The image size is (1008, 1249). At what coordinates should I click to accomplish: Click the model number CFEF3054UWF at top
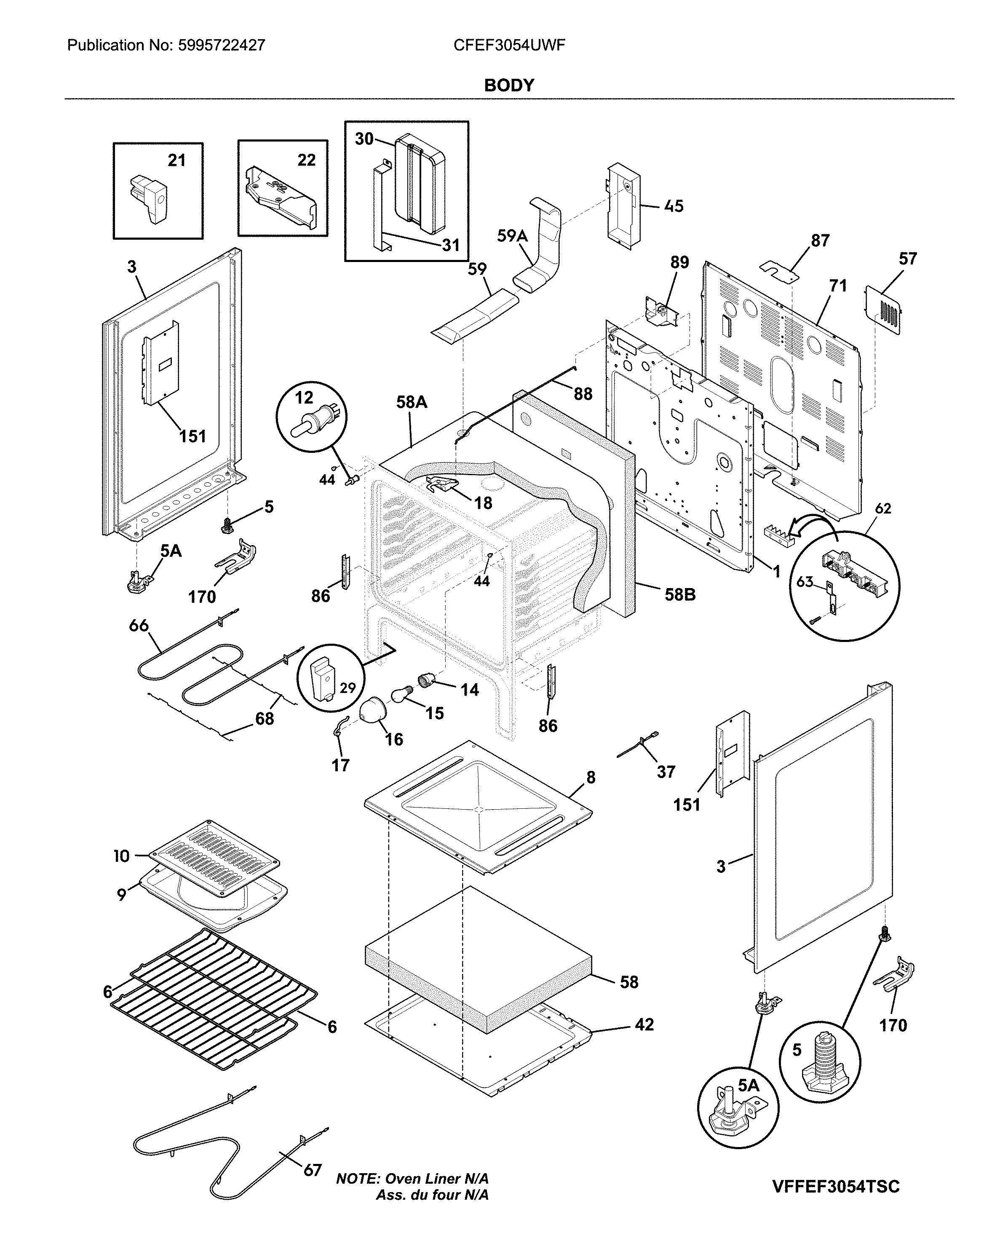[509, 45]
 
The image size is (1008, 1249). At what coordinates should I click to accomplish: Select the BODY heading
[509, 86]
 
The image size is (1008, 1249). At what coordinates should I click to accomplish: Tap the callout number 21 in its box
[176, 160]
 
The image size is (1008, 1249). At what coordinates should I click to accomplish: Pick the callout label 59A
[512, 236]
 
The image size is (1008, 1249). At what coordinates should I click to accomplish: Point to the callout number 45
[674, 206]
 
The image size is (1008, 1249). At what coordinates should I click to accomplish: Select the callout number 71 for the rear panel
[838, 286]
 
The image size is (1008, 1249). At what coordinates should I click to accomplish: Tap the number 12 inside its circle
[304, 397]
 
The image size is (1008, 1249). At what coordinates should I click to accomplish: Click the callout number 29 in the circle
[347, 688]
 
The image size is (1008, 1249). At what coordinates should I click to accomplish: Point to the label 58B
[679, 595]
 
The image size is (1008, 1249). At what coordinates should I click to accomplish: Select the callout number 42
[644, 1025]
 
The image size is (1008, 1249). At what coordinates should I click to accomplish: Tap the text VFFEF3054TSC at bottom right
[836, 1171]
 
